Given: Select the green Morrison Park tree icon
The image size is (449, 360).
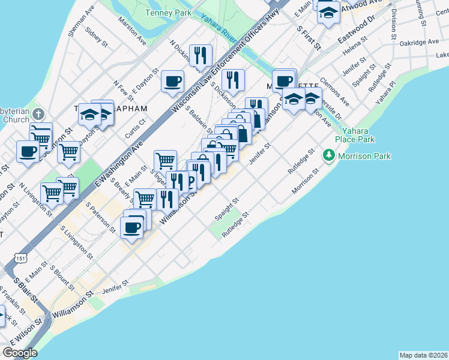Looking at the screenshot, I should tap(328, 156).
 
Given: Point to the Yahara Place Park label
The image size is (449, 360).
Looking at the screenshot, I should tap(358, 135).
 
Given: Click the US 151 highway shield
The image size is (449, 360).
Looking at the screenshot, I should tap(21, 258).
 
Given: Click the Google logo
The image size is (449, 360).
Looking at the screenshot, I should tap(20, 352).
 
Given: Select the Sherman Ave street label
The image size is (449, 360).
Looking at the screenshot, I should tap(82, 22).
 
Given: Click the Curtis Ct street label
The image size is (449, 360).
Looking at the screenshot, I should tap(134, 130).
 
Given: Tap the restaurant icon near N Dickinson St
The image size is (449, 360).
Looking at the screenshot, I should tap(200, 55).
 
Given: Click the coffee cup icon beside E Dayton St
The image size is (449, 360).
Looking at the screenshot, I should tap(173, 80).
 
